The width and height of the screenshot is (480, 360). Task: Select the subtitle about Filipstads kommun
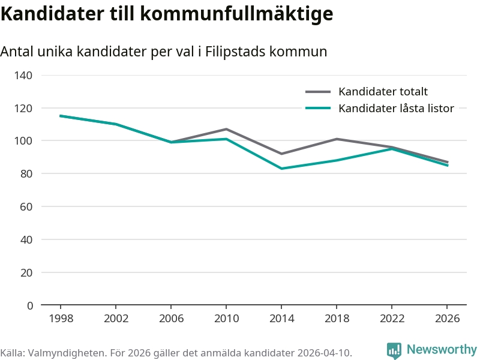point(164,52)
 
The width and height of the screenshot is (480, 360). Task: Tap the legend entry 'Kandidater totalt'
point(383,92)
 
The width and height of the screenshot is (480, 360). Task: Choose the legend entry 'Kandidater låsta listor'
point(396,109)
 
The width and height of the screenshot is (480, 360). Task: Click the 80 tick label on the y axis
point(26,174)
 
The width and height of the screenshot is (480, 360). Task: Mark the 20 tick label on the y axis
point(26,272)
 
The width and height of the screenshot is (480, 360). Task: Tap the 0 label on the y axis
point(30,305)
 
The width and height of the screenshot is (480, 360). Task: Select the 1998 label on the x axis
point(61,319)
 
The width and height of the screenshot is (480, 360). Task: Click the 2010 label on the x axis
point(226,319)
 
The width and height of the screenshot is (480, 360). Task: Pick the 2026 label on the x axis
point(447,319)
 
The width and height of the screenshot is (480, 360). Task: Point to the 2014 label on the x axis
point(281,319)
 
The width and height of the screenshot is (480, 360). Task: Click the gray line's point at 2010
point(226,129)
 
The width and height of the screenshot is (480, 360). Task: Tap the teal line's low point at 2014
point(281,169)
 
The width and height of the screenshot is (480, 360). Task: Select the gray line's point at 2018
point(337,139)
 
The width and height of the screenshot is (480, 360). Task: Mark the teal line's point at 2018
point(337,160)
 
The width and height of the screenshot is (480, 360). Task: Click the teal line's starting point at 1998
point(61,116)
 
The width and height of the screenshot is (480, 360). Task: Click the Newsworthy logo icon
point(394,350)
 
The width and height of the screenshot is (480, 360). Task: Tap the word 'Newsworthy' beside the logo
point(442,349)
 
